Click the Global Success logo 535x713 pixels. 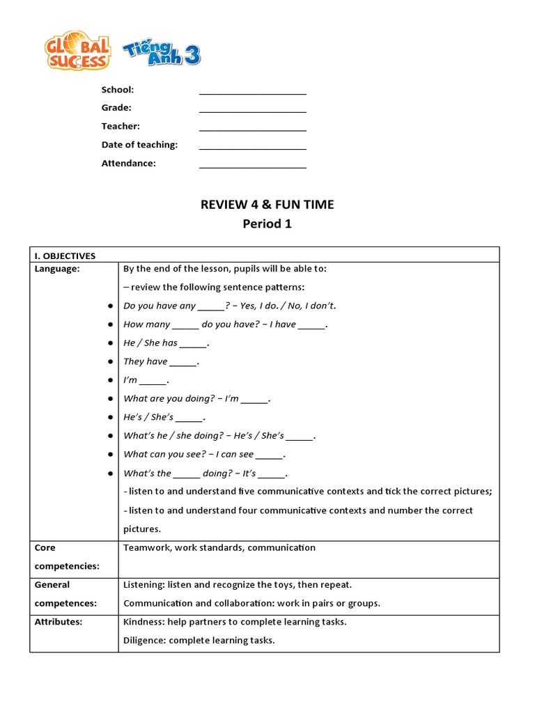tap(77, 50)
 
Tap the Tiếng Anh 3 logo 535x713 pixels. tap(162, 53)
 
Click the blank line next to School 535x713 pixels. tap(252, 91)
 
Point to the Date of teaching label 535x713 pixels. tap(139, 145)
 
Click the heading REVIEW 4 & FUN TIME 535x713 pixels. tap(267, 205)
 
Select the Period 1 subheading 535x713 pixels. tap(267, 224)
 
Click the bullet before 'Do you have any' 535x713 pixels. tap(110, 306)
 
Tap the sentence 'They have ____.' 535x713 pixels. tap(161, 361)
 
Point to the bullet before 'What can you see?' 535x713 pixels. tap(110, 455)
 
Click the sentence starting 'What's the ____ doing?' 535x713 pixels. tap(206, 473)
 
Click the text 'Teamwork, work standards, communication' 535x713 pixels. tap(219, 547)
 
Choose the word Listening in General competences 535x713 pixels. tap(144, 585)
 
